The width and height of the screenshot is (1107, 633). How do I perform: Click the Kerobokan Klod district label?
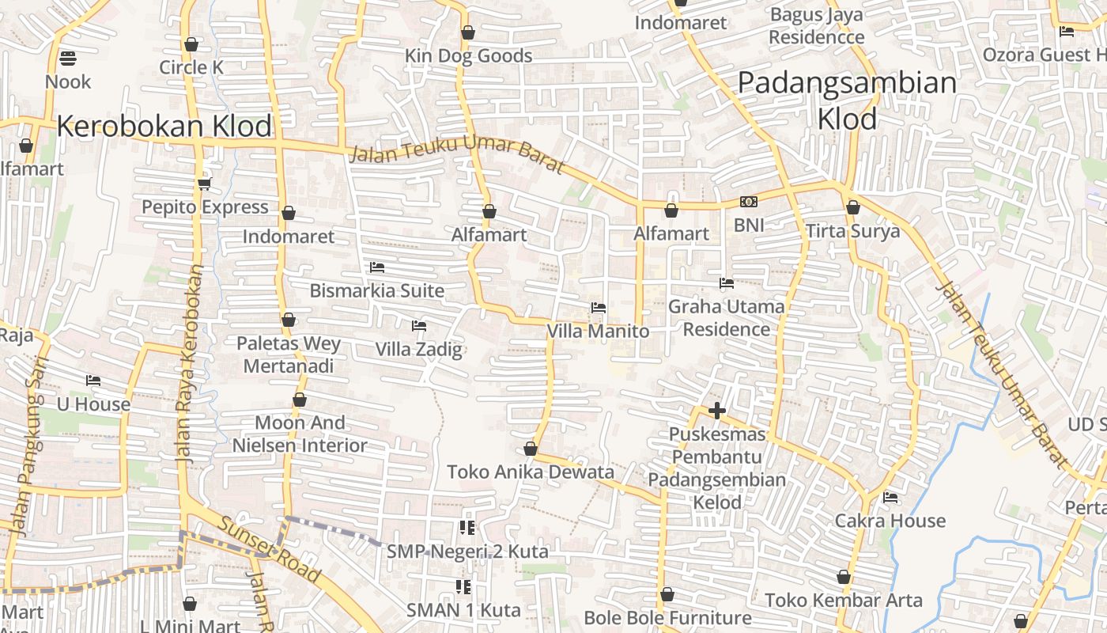[164, 127]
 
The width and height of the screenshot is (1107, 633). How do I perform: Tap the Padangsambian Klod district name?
[847, 100]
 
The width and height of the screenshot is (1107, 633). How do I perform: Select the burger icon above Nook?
[68, 59]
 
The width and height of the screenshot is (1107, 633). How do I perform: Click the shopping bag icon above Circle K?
[191, 44]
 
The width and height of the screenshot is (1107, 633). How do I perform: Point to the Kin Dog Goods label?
[468, 56]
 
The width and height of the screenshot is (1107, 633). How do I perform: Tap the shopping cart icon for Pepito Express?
[204, 184]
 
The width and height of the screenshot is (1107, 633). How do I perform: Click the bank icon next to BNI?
[748, 203]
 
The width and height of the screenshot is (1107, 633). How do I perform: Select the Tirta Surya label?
[852, 231]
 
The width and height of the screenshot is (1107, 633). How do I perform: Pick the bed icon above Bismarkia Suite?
[377, 267]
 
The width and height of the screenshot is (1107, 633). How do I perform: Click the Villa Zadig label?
[418, 349]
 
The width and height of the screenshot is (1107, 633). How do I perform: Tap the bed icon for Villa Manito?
[599, 308]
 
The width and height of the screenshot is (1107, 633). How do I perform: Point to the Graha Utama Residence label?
[727, 317]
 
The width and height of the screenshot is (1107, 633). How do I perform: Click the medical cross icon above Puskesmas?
[717, 411]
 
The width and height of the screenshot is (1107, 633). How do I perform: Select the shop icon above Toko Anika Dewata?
[531, 449]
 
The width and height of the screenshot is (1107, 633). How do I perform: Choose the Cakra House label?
[890, 521]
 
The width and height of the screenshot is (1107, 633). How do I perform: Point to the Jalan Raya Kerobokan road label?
[191, 364]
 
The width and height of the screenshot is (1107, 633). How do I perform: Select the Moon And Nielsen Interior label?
[300, 434]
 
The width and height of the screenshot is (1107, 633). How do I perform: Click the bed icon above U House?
[93, 381]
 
